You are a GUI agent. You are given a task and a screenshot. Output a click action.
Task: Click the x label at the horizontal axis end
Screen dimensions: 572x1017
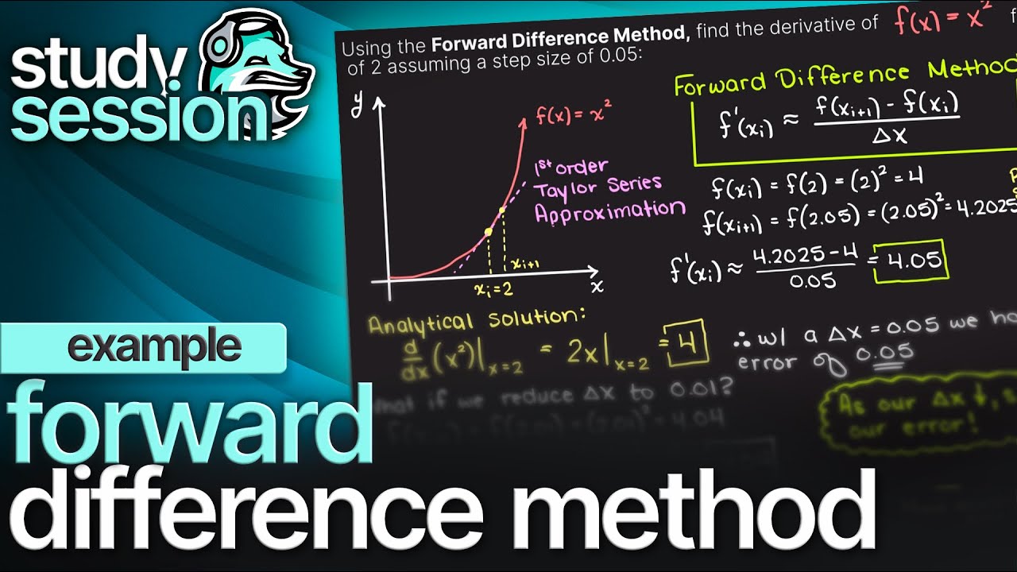(x=597, y=284)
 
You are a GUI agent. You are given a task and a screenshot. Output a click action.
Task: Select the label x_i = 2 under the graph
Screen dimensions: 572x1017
(x=493, y=289)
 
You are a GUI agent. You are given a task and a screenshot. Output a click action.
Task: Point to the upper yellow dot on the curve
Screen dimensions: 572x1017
(x=502, y=211)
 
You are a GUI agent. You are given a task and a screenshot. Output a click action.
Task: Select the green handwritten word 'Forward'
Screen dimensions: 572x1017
(x=719, y=82)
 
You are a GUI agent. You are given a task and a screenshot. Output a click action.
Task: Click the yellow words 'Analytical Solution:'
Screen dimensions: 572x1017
(x=476, y=320)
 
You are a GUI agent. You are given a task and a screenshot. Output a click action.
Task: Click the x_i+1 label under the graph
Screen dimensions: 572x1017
(x=524, y=263)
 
